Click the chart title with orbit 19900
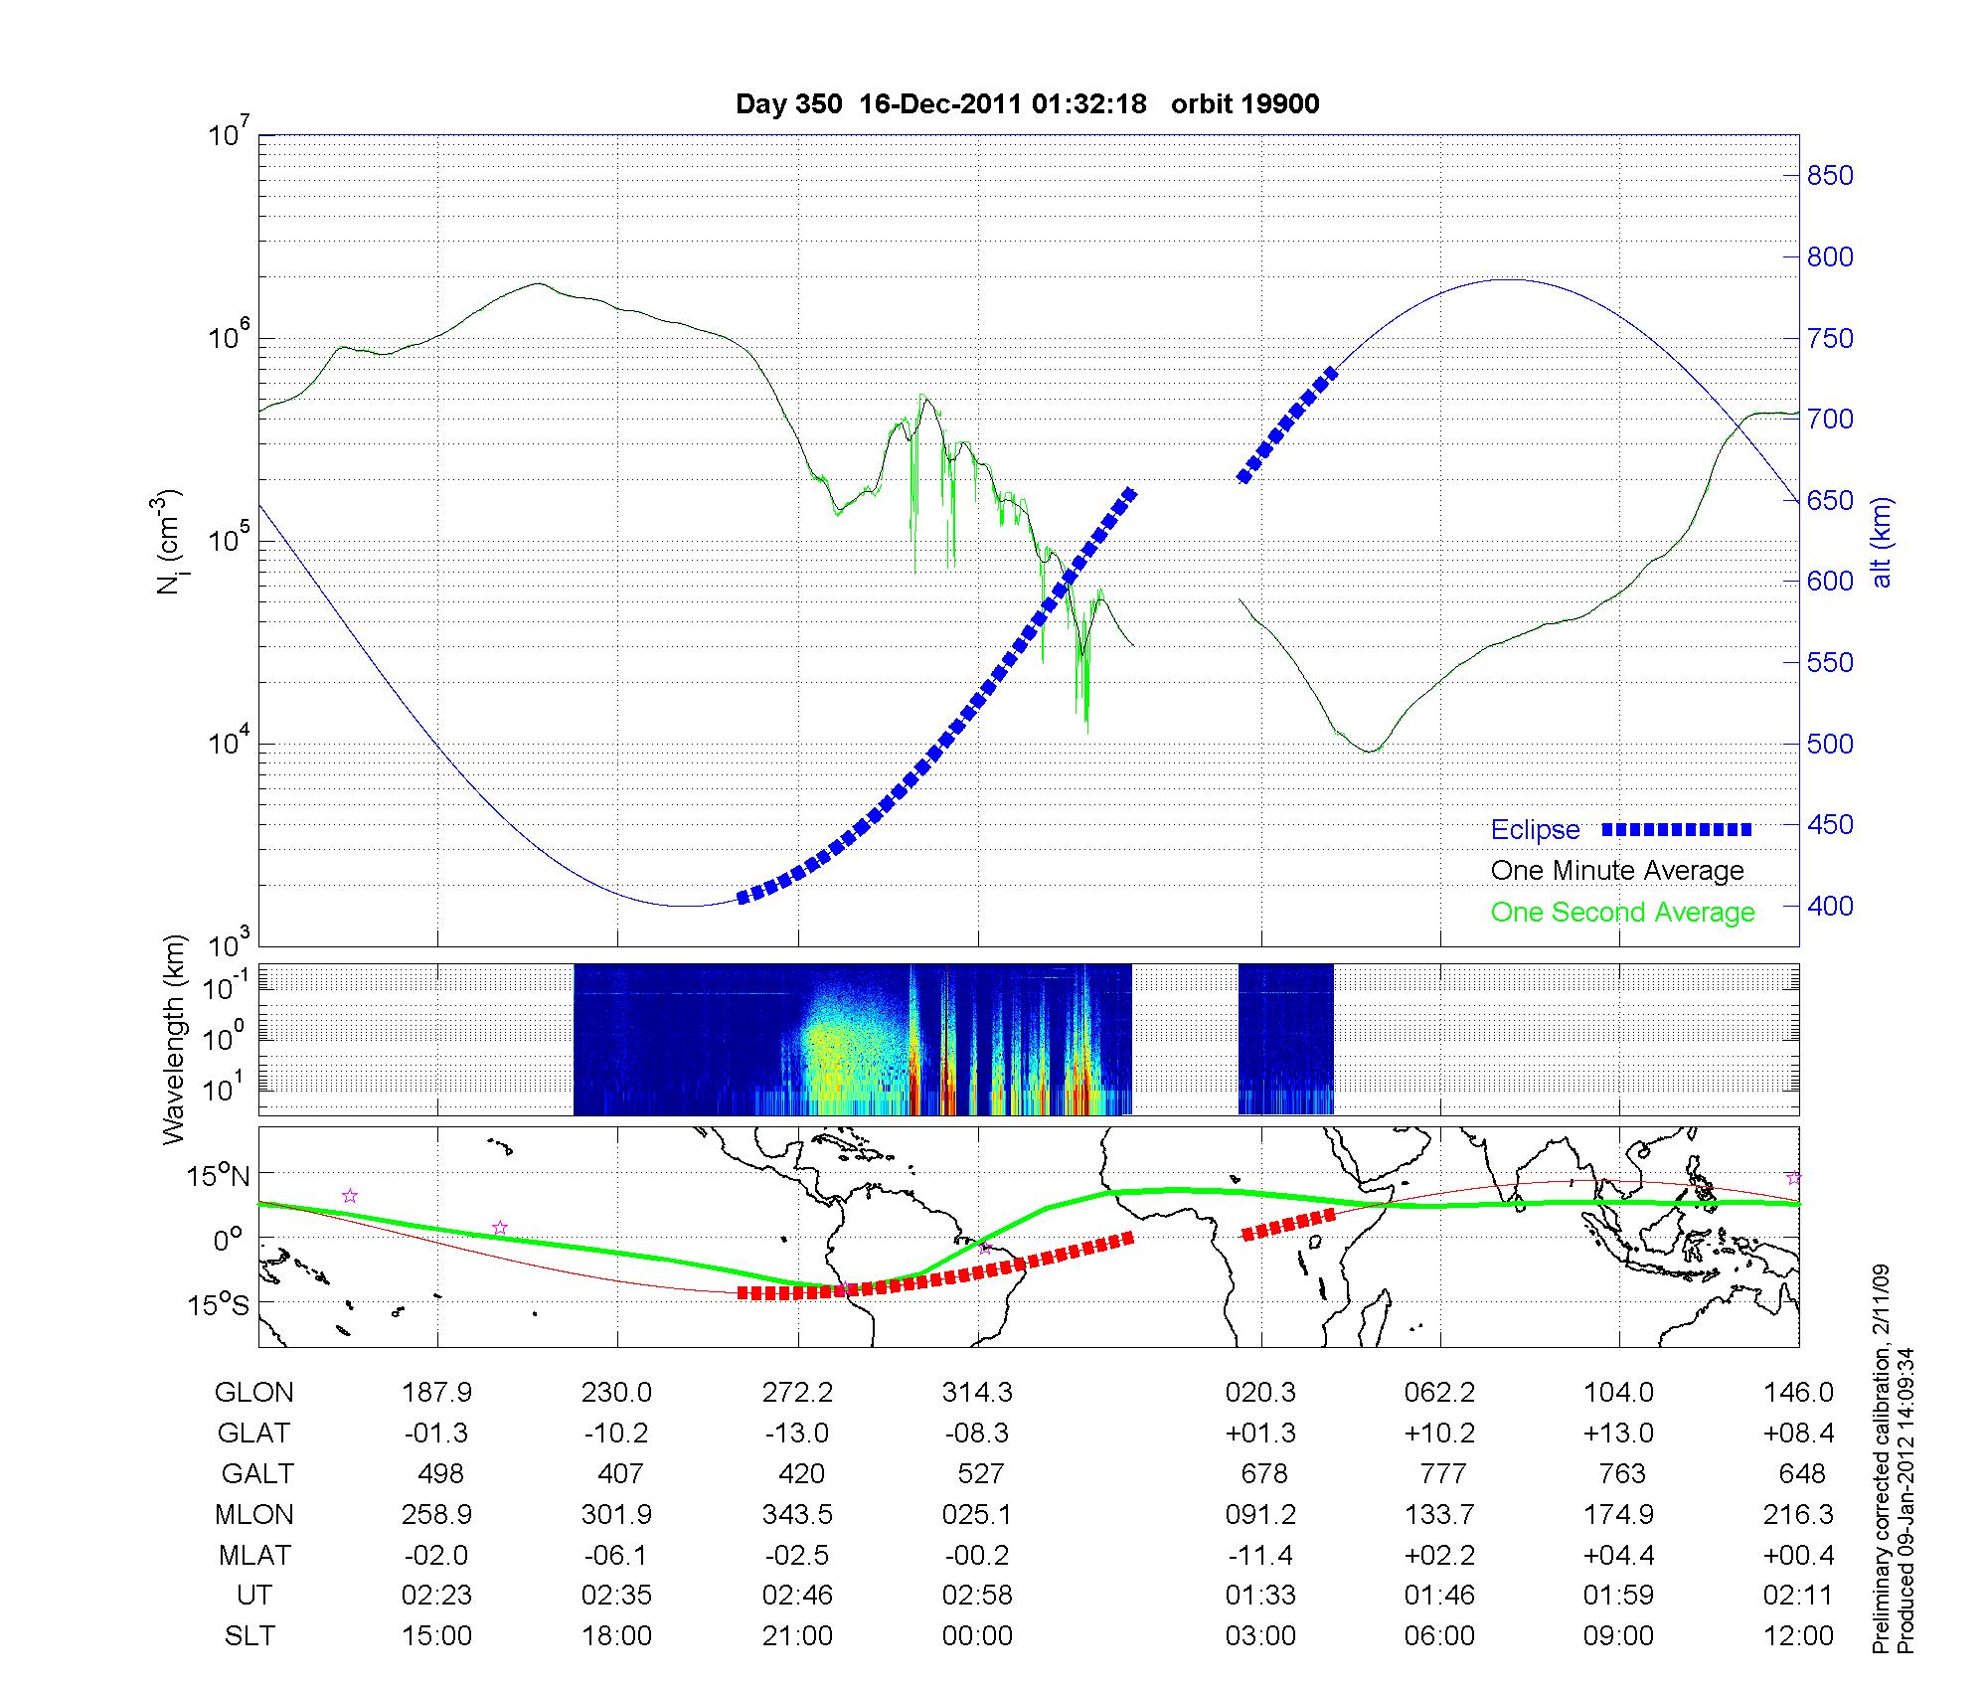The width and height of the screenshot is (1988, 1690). (1027, 104)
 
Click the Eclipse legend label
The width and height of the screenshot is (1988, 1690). (1535, 830)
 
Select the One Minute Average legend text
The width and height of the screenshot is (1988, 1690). (1617, 871)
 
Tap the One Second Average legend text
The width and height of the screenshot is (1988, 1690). (1622, 913)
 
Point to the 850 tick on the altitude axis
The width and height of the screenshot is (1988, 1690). (1829, 176)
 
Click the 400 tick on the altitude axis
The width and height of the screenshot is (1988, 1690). (1829, 907)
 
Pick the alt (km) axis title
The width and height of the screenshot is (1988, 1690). (1882, 543)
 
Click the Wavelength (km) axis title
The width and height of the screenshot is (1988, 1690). (175, 1039)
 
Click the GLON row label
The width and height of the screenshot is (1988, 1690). (253, 1393)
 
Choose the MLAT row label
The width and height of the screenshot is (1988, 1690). (253, 1555)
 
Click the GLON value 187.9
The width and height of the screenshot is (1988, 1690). (436, 1393)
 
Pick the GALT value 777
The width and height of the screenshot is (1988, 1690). (1442, 1473)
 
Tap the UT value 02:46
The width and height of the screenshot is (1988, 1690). (797, 1596)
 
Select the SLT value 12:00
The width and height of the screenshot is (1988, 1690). (1799, 1636)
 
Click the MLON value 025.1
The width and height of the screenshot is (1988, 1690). (978, 1514)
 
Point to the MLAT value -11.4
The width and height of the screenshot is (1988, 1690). (1260, 1555)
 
